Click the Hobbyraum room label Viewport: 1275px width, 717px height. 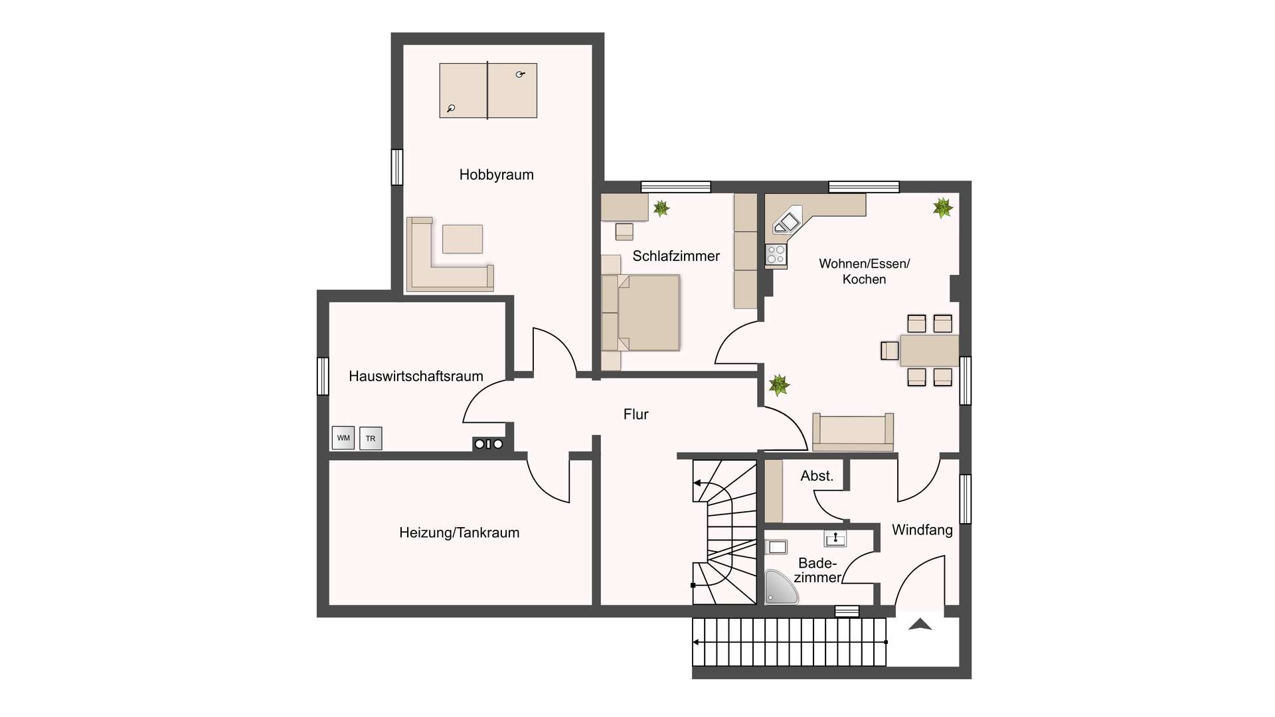[x=496, y=175]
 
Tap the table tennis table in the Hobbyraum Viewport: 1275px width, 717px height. [x=488, y=90]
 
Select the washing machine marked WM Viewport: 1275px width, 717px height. [x=343, y=438]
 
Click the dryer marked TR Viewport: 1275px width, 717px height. [x=371, y=438]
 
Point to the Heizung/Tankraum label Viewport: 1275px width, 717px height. [x=459, y=532]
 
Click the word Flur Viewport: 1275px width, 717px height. [x=636, y=414]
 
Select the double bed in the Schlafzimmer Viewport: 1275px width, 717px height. [x=641, y=313]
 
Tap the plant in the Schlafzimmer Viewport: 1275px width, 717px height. [x=661, y=208]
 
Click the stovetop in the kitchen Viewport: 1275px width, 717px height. [x=776, y=254]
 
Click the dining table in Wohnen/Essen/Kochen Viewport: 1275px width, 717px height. [x=929, y=351]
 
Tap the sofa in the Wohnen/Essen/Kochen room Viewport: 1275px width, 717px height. [x=853, y=432]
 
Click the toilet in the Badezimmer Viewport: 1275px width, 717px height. [x=776, y=547]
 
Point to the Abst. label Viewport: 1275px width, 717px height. [x=817, y=476]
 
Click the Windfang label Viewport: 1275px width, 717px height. [x=922, y=530]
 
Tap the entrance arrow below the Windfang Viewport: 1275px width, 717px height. [x=920, y=624]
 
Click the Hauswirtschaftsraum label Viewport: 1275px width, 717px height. [x=416, y=376]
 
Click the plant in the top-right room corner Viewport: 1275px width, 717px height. [x=942, y=208]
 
